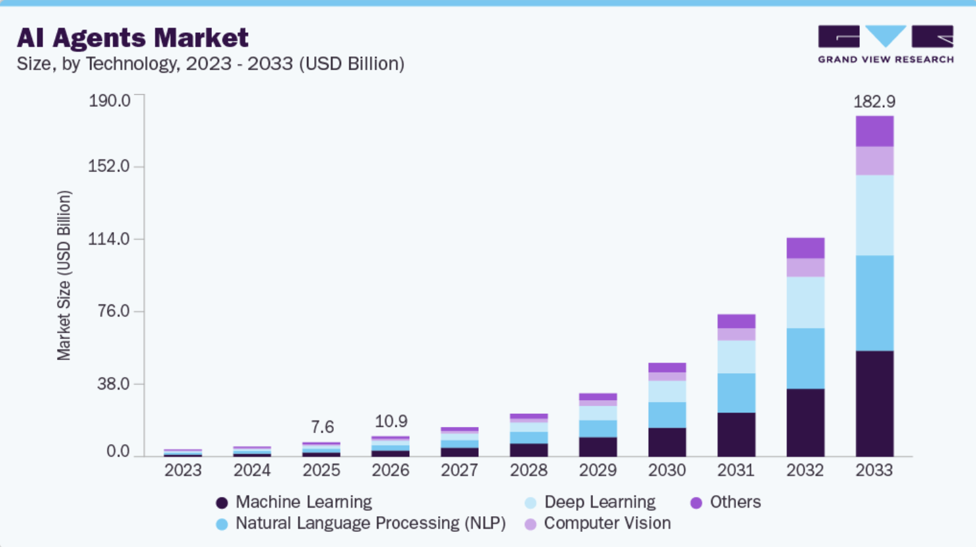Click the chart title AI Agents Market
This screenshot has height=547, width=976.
[x=132, y=37]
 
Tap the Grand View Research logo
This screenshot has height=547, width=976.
[x=885, y=44]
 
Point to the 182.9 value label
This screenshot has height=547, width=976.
[x=874, y=102]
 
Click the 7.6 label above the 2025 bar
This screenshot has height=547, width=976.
[x=323, y=427]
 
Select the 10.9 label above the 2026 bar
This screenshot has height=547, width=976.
[x=392, y=421]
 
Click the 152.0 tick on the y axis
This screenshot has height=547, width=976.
[x=109, y=166]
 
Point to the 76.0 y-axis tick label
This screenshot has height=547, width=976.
[x=113, y=311]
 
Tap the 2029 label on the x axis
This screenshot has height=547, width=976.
[x=598, y=470]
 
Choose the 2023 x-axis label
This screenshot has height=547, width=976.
[x=183, y=470]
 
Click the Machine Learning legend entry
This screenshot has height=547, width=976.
[x=294, y=502]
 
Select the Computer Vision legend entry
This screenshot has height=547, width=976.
[x=598, y=523]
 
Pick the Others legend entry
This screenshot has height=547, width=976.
[x=726, y=502]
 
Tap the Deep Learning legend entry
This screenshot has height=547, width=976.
[x=590, y=502]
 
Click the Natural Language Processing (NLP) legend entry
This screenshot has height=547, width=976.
[x=361, y=523]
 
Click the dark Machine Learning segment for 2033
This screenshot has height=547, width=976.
[x=874, y=403]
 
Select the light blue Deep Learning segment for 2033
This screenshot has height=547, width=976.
[x=874, y=215]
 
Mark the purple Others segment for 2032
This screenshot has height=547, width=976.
[x=805, y=248]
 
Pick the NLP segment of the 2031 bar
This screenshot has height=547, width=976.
[x=737, y=393]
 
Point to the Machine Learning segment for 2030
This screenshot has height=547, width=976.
[x=667, y=442]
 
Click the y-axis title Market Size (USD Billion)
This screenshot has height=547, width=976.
[x=64, y=275]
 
